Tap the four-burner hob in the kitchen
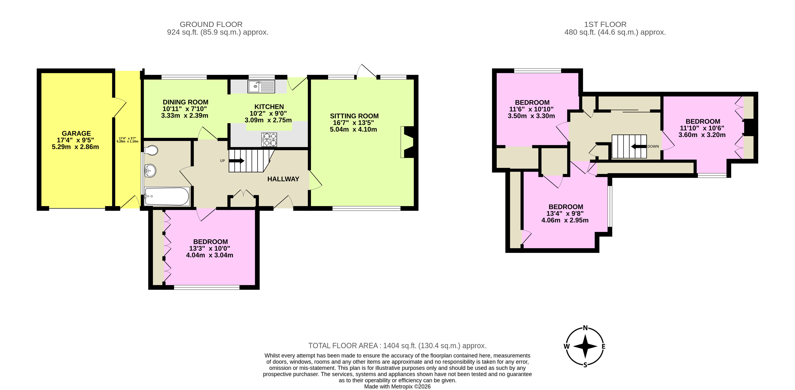269,139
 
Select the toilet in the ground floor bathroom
151,150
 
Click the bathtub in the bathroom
166,196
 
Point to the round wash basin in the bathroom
150,170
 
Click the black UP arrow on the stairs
237,161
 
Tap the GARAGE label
76,133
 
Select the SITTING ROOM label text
354,116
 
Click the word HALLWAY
283,179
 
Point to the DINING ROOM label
185,102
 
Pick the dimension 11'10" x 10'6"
702,128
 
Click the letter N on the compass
585,328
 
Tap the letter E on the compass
603,346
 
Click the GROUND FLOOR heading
211,24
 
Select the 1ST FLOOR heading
605,24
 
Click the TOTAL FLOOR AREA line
397,346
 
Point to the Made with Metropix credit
397,386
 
